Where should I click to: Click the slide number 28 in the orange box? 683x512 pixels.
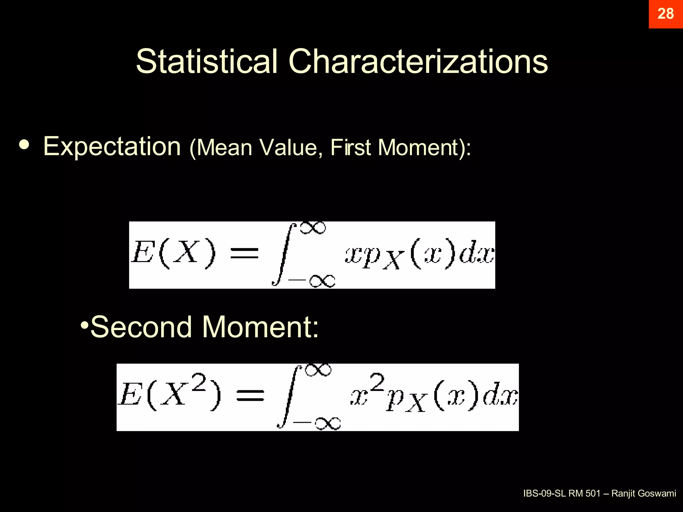click(x=665, y=14)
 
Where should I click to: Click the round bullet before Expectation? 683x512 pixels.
click(x=24, y=144)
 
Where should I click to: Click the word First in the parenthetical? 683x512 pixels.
click(x=351, y=147)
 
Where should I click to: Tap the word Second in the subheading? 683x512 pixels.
click(x=141, y=327)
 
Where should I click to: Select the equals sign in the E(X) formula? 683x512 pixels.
click(x=245, y=253)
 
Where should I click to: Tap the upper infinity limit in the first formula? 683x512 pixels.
click(x=313, y=228)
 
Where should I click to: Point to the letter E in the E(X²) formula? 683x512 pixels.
click(x=130, y=395)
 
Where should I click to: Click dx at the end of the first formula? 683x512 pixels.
click(x=477, y=255)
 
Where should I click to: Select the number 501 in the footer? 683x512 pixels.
click(x=593, y=493)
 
